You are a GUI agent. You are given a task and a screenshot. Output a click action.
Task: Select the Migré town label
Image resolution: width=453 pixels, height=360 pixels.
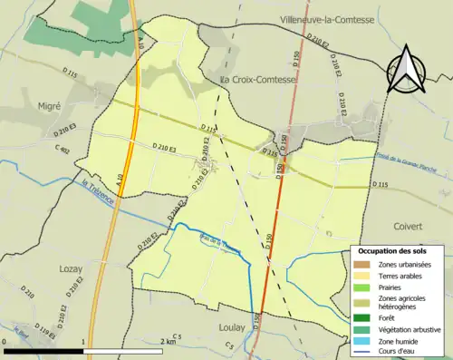(x=48, y=105)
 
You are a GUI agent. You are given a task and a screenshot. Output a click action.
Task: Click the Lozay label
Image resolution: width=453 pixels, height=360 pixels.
(x=45, y=269)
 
